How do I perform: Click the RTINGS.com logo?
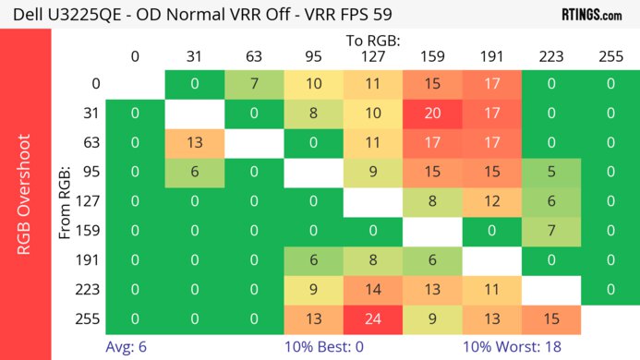[x=591, y=15]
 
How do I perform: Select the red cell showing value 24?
[x=373, y=318]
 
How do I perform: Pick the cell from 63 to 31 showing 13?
[x=195, y=143]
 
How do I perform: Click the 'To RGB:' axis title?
[x=373, y=41]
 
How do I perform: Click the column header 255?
[x=610, y=56]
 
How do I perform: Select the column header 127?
[x=373, y=56]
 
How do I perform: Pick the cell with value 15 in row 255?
[x=551, y=318]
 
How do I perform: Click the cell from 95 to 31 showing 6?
[x=195, y=173]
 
